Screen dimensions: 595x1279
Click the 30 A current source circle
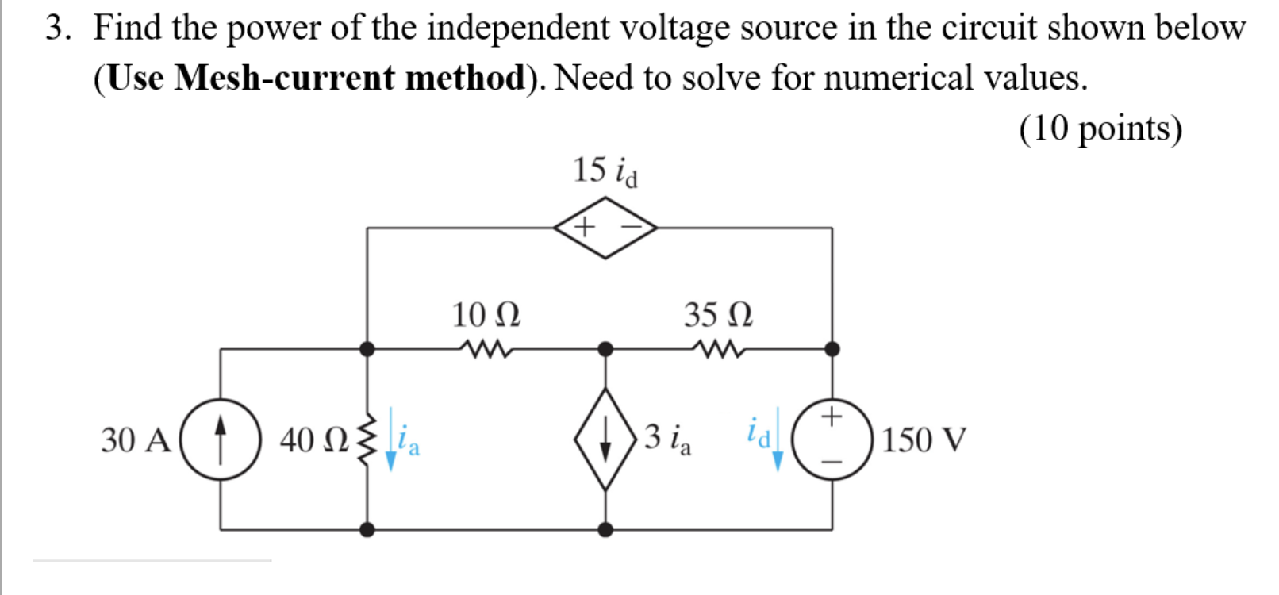[221, 439]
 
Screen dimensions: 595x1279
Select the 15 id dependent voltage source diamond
[605, 228]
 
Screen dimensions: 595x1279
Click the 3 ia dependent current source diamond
[605, 439]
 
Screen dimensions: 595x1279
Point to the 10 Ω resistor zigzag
[485, 349]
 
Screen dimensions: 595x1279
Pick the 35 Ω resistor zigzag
[718, 349]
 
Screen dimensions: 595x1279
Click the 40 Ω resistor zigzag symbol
[366, 439]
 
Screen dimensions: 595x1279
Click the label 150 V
[924, 440]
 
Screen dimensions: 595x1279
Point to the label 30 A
[136, 440]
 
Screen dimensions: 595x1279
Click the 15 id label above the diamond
[605, 171]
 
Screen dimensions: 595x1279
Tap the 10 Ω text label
[486, 315]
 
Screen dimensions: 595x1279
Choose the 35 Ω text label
[718, 315]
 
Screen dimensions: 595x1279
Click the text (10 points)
[1100, 129]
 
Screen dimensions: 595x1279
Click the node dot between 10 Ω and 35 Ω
[605, 349]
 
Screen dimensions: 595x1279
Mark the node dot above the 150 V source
[832, 349]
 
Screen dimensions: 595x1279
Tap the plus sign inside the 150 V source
[831, 416]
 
